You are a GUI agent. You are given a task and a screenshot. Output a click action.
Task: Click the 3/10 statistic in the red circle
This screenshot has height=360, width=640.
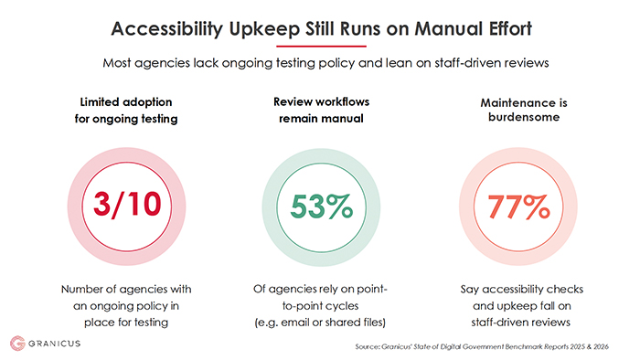tap(127, 204)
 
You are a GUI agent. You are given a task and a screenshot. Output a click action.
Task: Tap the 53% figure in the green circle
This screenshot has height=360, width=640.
tap(322, 206)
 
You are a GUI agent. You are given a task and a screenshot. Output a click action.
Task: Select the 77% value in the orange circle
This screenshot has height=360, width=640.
tap(518, 206)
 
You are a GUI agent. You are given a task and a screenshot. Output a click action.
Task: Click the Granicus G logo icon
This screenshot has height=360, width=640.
tap(17, 344)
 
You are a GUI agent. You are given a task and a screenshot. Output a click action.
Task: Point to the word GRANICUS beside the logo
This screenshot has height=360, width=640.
tap(54, 344)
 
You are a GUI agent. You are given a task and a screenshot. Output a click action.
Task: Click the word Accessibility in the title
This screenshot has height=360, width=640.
tap(167, 29)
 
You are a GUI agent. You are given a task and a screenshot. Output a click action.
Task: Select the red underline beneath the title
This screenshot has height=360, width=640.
tap(321, 46)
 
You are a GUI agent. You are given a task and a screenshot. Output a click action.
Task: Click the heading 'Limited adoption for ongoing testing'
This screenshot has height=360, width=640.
tap(126, 110)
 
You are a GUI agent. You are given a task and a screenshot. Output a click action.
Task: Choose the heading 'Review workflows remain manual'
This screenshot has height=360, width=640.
tap(321, 110)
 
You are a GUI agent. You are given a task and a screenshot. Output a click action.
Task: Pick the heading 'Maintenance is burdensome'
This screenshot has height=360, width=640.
tap(524, 110)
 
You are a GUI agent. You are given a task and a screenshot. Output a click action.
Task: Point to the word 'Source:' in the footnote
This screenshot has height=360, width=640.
tap(368, 346)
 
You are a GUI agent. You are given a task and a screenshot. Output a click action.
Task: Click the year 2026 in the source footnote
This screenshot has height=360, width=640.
tap(601, 346)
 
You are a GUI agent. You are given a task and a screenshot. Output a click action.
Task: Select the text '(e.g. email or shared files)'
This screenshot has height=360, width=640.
tap(320, 323)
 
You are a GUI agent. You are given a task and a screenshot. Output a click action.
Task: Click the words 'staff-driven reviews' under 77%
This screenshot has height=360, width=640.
tap(521, 323)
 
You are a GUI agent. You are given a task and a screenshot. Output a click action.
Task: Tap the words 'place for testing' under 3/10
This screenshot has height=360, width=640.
tap(126, 323)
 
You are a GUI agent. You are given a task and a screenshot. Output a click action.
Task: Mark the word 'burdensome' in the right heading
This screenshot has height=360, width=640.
tap(524, 117)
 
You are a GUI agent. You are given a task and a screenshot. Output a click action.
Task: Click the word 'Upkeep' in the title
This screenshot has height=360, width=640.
tap(264, 29)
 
